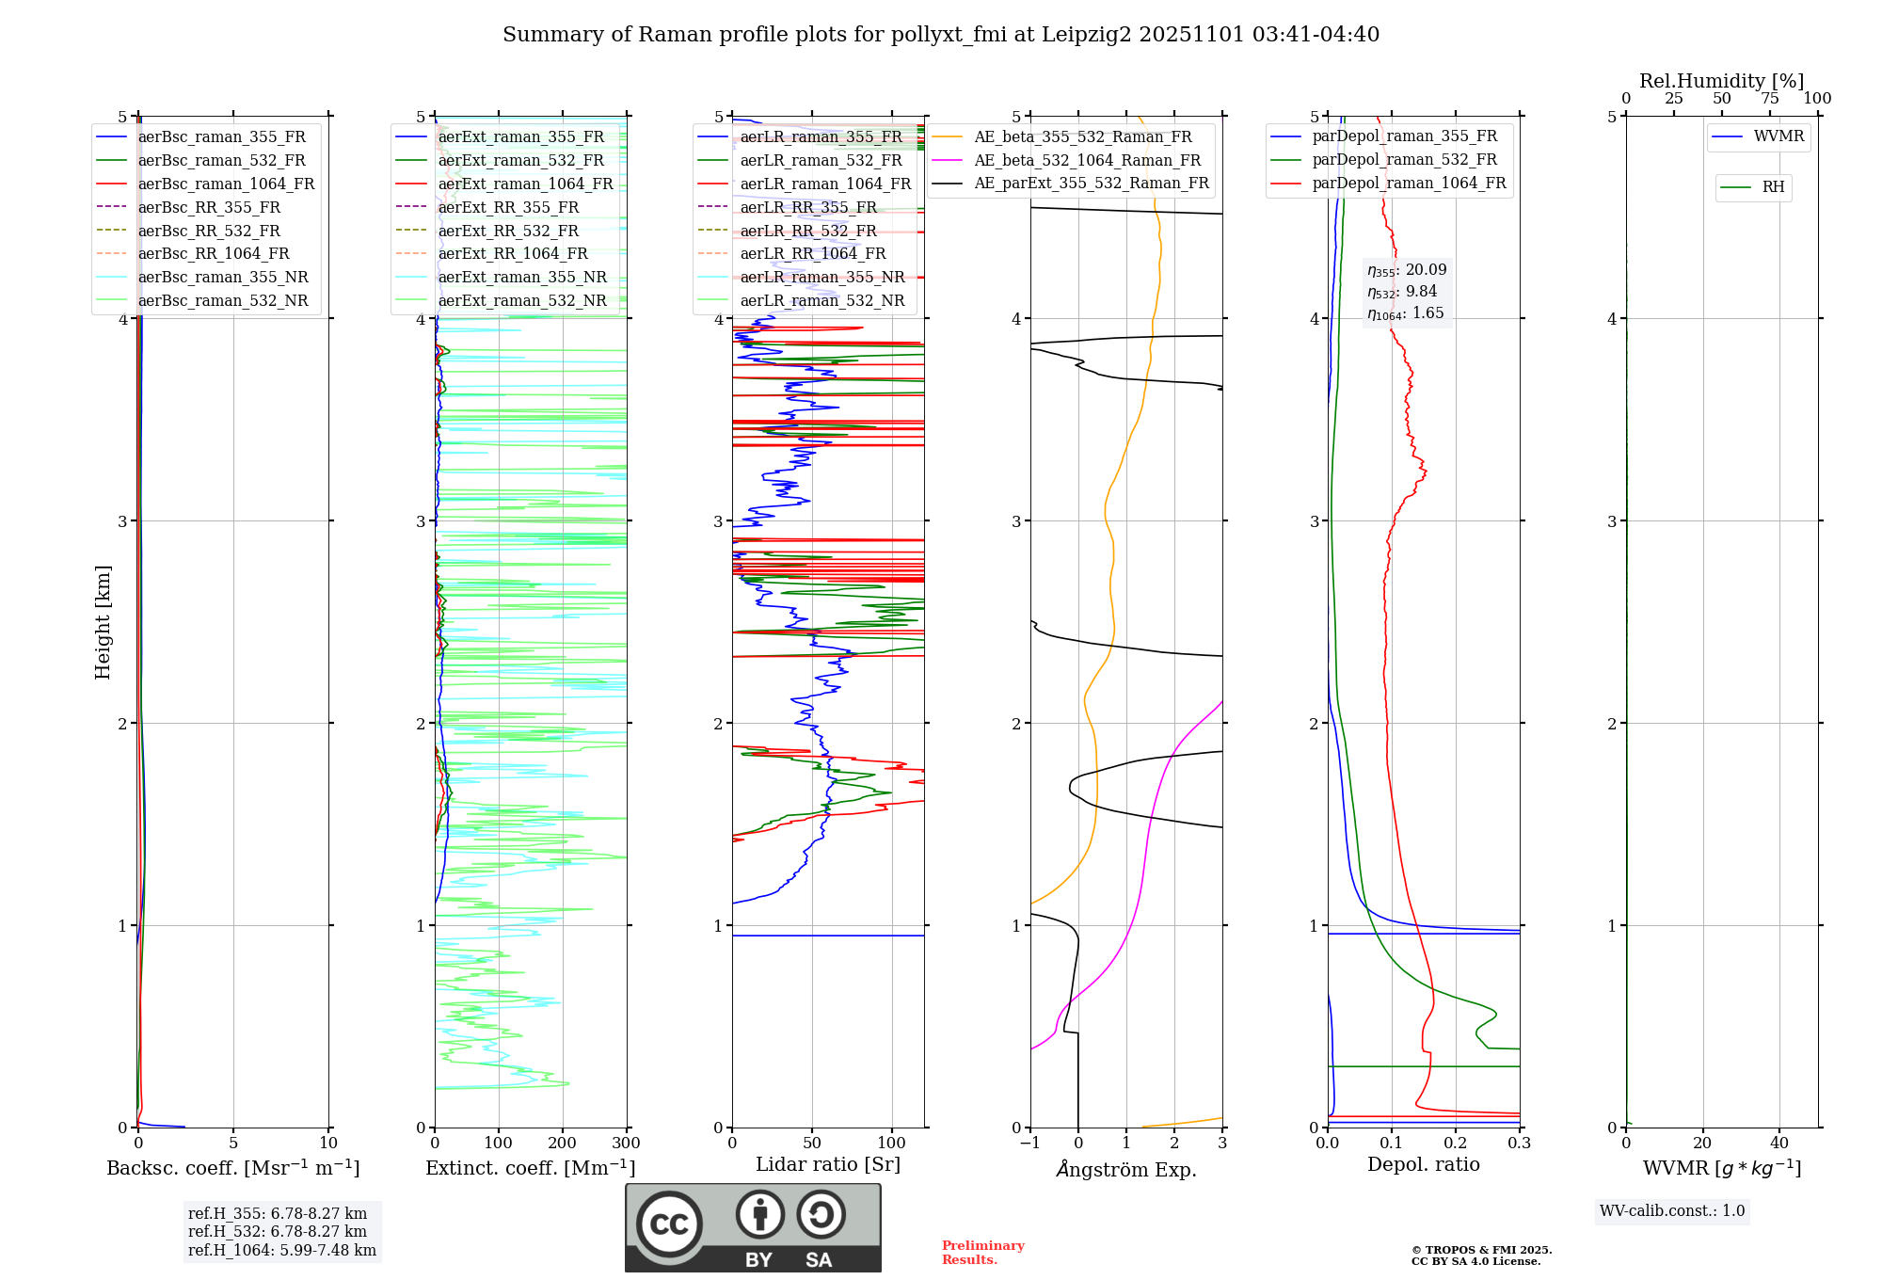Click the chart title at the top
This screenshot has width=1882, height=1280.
pos(941,35)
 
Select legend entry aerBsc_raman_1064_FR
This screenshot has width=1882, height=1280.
pos(226,184)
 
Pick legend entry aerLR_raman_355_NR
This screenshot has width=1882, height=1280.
pos(821,277)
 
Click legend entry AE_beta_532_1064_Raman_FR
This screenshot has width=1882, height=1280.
pos(1087,160)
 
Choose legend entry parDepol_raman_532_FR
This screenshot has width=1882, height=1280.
pos(1404,160)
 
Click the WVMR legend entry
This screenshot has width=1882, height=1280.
pos(1778,136)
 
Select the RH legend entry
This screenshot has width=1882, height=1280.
pos(1773,187)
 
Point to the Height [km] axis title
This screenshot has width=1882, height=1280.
pos(103,622)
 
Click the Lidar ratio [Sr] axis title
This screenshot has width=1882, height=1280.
pos(828,1164)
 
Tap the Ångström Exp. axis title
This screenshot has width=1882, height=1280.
pos(1126,1169)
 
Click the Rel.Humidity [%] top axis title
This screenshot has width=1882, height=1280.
pos(1721,81)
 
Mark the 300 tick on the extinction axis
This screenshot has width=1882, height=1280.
pos(626,1144)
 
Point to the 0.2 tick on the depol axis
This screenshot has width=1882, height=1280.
pos(1456,1144)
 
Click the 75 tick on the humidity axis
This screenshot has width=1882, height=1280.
pos(1770,99)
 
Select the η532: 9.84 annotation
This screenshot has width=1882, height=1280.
pos(1402,292)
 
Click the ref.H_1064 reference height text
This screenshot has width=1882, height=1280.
pos(282,1250)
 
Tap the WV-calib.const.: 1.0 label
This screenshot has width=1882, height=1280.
pos(1672,1211)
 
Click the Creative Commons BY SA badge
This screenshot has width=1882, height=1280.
pos(753,1227)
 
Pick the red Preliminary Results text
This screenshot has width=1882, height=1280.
pos(982,1253)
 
